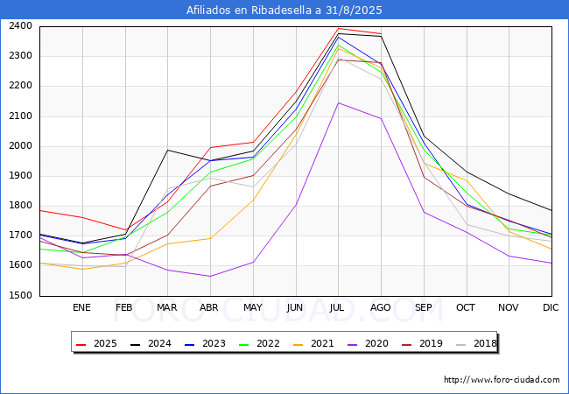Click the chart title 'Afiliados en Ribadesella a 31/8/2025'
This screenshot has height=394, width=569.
pyautogui.click(x=284, y=11)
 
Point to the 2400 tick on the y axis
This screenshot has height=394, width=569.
pyautogui.click(x=21, y=26)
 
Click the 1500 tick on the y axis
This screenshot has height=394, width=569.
pyautogui.click(x=21, y=296)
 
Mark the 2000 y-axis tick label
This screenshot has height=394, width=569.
pyautogui.click(x=21, y=146)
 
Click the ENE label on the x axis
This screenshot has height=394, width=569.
pyautogui.click(x=81, y=307)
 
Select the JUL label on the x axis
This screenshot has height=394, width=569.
pyautogui.click(x=338, y=307)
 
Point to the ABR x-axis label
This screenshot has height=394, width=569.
pyautogui.click(x=209, y=307)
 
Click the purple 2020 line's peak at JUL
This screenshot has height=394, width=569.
pyautogui.click(x=338, y=102)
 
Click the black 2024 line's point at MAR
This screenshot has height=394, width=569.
pyautogui.click(x=167, y=150)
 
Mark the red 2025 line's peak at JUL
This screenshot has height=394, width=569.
pyautogui.click(x=338, y=28)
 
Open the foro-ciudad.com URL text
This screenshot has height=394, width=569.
pyautogui.click(x=502, y=380)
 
